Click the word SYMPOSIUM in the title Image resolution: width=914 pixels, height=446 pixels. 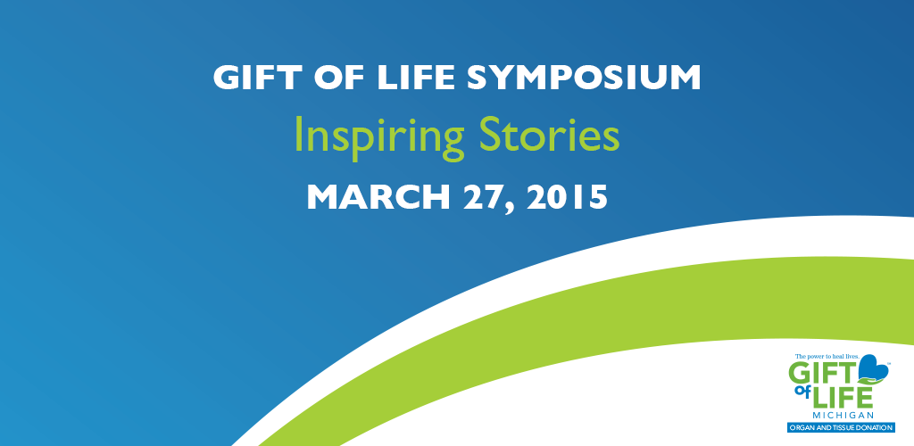584,78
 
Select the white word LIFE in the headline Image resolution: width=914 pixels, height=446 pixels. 415,78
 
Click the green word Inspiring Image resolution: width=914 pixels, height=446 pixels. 378,135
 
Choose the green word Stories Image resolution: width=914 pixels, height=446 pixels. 549,134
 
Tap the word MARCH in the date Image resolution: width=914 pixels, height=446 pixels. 378,197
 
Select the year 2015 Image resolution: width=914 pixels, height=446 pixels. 567,197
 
